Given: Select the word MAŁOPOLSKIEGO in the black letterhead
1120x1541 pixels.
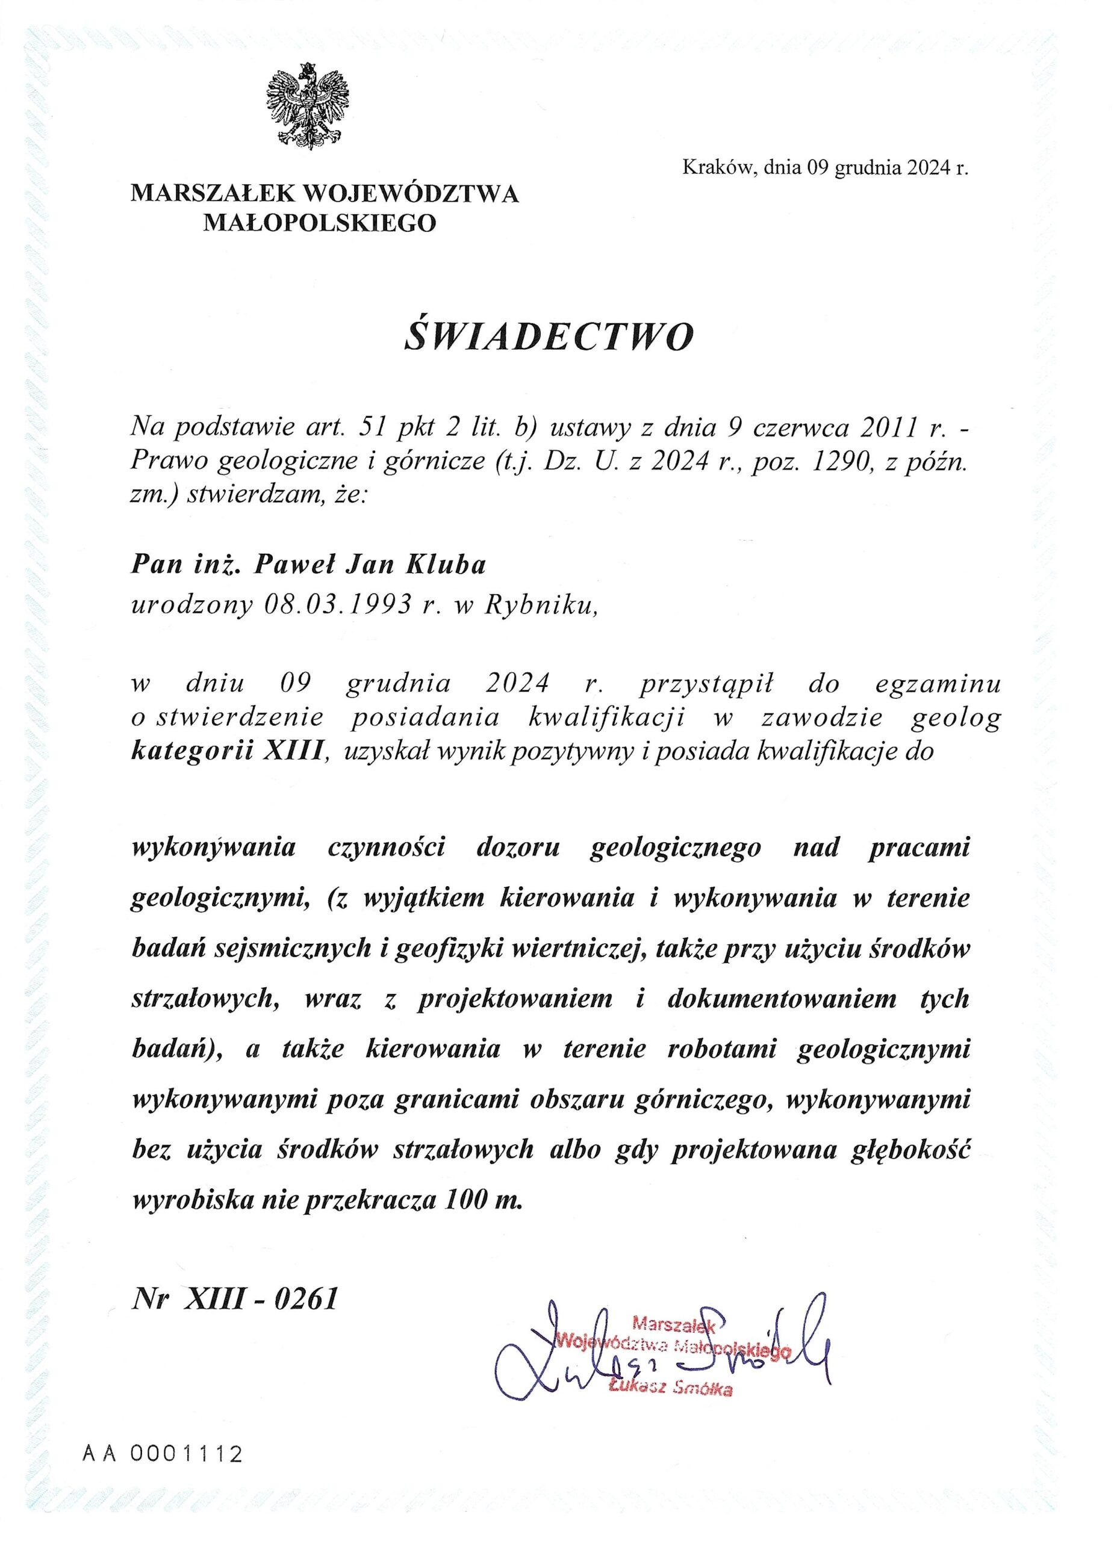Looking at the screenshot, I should click(x=320, y=222).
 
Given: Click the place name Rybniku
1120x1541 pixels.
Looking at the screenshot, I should click(x=541, y=604).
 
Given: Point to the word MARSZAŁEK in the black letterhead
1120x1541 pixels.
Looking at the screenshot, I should click(x=212, y=195).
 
